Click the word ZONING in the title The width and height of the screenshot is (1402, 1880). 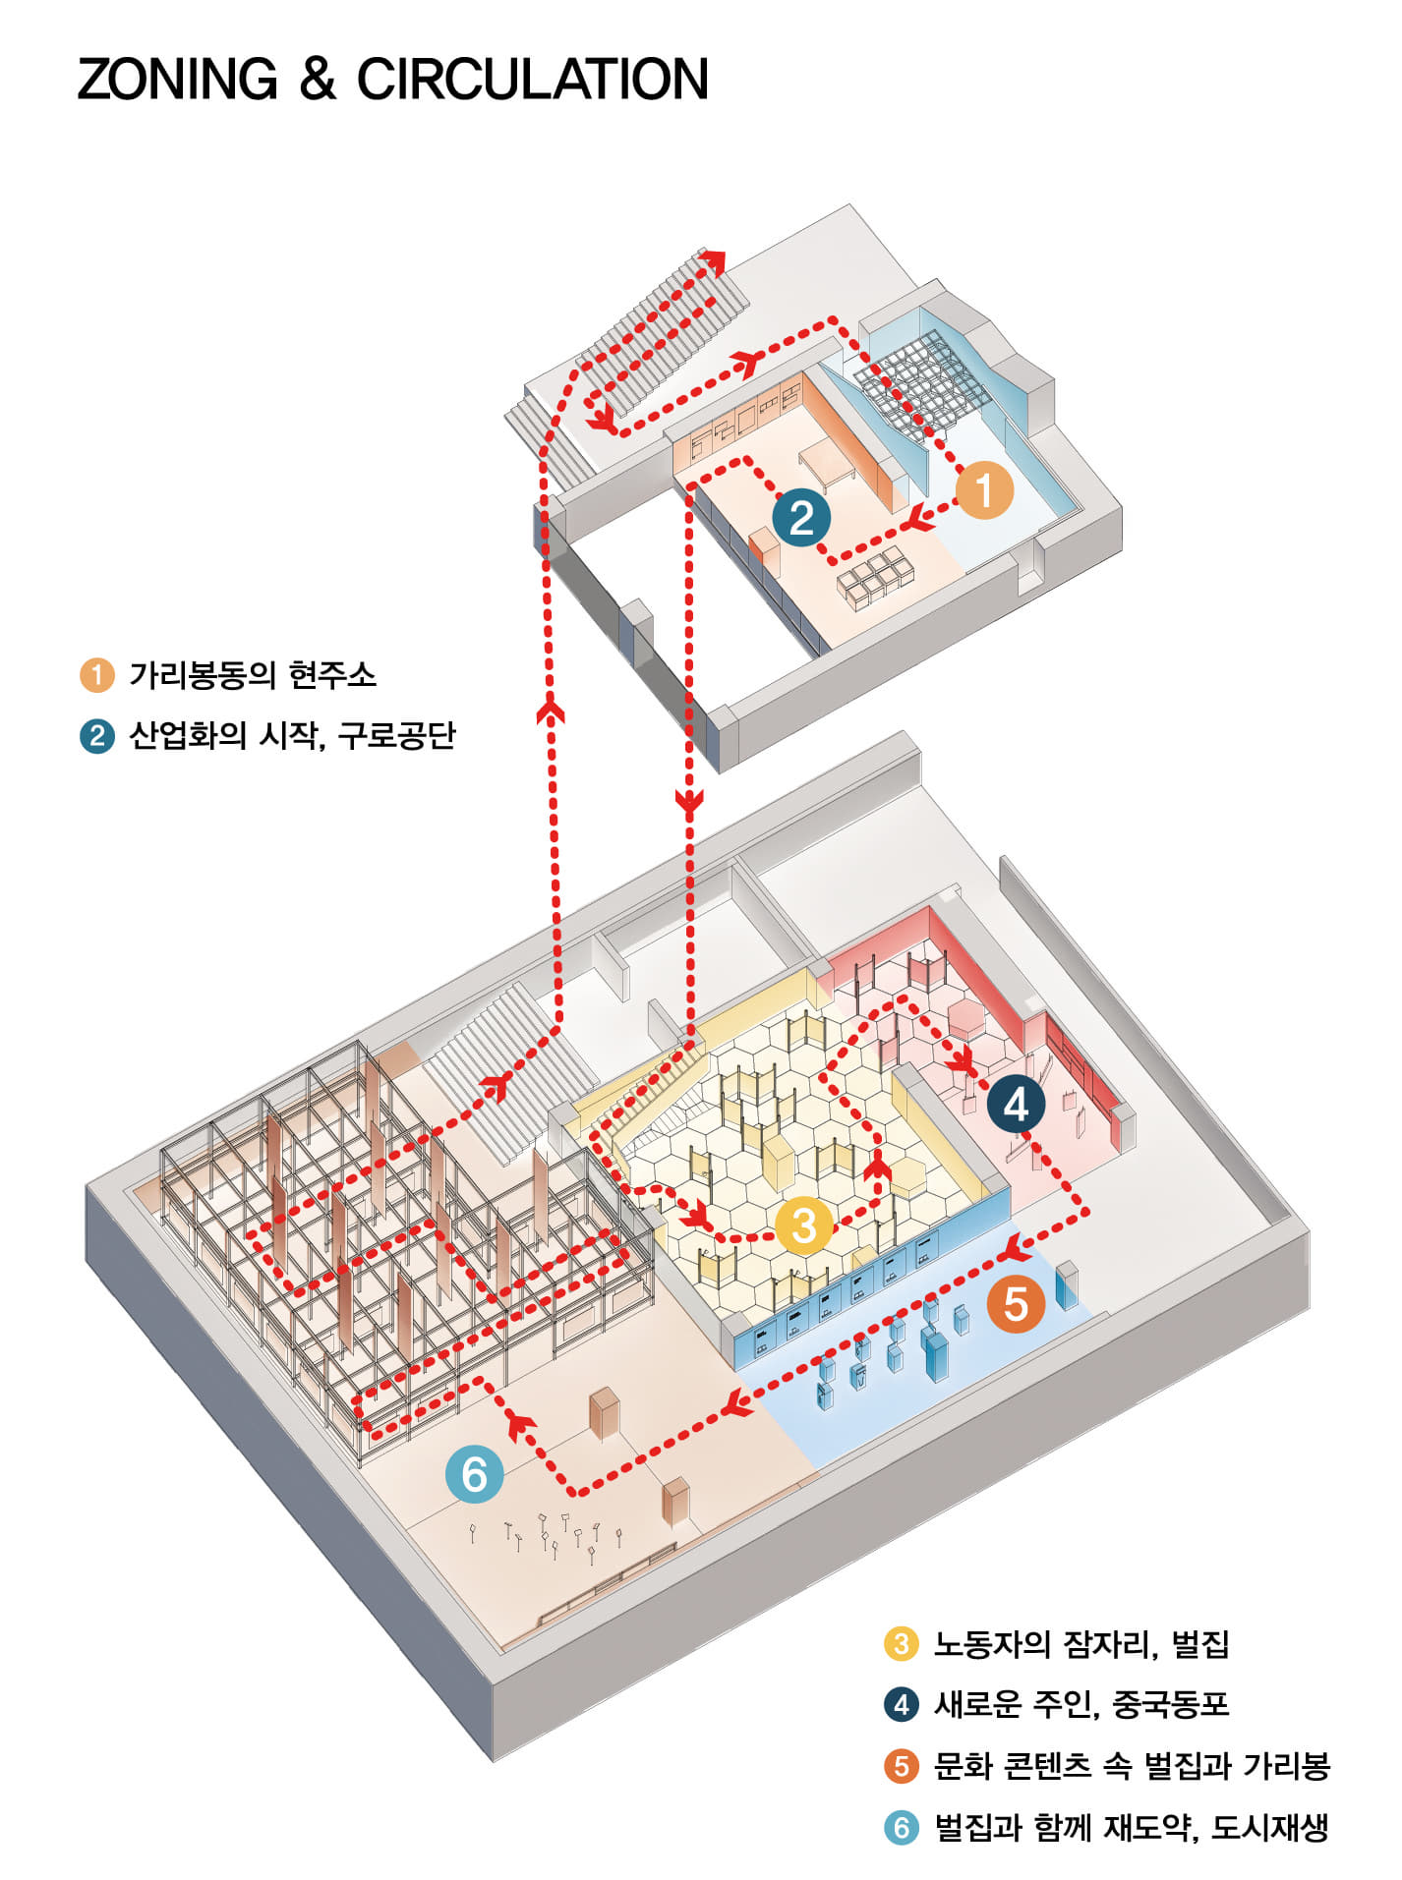coord(177,80)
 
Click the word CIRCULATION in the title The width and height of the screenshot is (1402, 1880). coord(532,80)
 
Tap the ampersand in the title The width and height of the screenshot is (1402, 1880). coord(317,80)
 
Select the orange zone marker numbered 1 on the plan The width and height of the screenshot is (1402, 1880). coord(984,490)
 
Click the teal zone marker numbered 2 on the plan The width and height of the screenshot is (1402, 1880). coord(801,518)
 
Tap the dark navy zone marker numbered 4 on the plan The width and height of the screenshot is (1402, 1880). coord(1016,1104)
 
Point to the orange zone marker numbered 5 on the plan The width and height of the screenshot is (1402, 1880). coord(1016,1304)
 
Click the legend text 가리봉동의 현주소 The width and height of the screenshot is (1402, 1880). coord(253,675)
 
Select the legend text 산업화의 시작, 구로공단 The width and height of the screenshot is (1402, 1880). coord(292,735)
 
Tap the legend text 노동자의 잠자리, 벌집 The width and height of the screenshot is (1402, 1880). coord(1081,1644)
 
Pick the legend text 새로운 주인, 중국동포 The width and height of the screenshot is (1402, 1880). coord(1081,1704)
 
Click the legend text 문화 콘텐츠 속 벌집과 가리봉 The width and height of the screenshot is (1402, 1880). coord(1132,1766)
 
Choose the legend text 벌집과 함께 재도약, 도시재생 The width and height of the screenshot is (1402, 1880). coord(1132,1828)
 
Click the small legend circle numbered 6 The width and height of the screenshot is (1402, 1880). coord(901,1828)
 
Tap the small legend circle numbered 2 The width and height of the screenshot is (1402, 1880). coord(96,735)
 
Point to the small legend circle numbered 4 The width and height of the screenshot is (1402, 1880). coord(901,1704)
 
